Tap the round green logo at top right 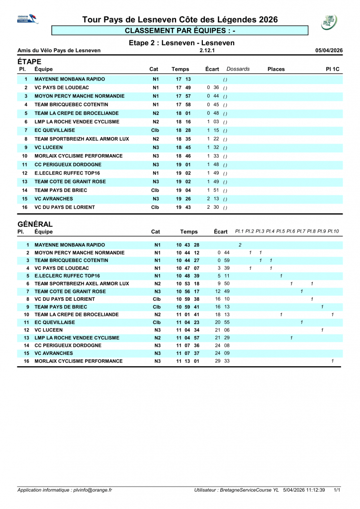point(329,21)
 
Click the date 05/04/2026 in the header point(329,50)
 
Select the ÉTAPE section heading point(29,61)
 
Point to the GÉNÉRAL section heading point(35,224)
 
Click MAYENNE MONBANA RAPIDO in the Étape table point(70,79)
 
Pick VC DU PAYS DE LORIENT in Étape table point(65,207)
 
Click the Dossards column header point(238,69)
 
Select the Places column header point(276,69)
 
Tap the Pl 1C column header point(332,69)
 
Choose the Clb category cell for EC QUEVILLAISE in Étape point(155,130)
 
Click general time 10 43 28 point(187,245)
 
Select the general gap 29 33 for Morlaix point(222,361)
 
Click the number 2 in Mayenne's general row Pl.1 point(240,245)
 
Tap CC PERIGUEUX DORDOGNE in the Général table point(68,345)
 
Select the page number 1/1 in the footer point(337,490)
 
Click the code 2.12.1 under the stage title point(207,50)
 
